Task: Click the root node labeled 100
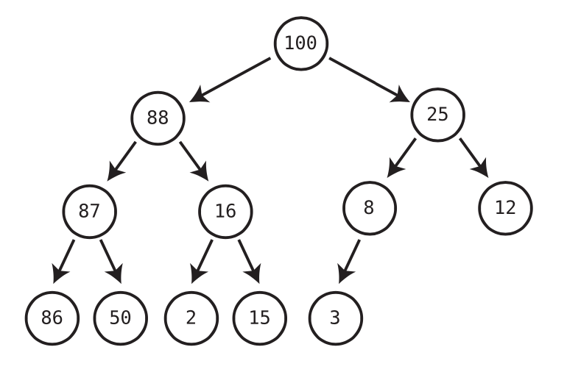300,43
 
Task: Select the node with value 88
158,118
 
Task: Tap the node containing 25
437,115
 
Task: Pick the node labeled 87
89,212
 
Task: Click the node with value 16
225,212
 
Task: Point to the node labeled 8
369,208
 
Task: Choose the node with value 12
505,208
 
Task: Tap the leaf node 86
52,318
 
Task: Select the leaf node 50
120,318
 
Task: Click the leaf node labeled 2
191,318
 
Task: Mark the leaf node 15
259,318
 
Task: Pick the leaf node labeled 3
335,318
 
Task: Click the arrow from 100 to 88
231,79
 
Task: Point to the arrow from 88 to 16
194,160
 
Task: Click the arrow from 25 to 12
473,157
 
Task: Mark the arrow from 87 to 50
110,261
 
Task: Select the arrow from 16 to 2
202,261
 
